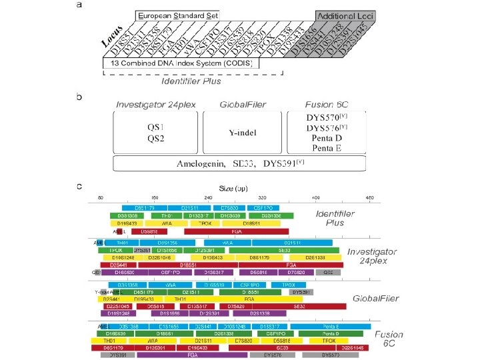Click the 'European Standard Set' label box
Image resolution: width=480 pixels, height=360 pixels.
178,15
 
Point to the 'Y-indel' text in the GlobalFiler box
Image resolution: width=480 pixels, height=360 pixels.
243,132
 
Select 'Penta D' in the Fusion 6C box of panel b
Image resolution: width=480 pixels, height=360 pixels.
323,138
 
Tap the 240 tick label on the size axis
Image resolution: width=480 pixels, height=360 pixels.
208,198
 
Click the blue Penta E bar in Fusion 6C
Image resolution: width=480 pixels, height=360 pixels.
331,325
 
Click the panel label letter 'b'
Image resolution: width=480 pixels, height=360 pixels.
81,97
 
